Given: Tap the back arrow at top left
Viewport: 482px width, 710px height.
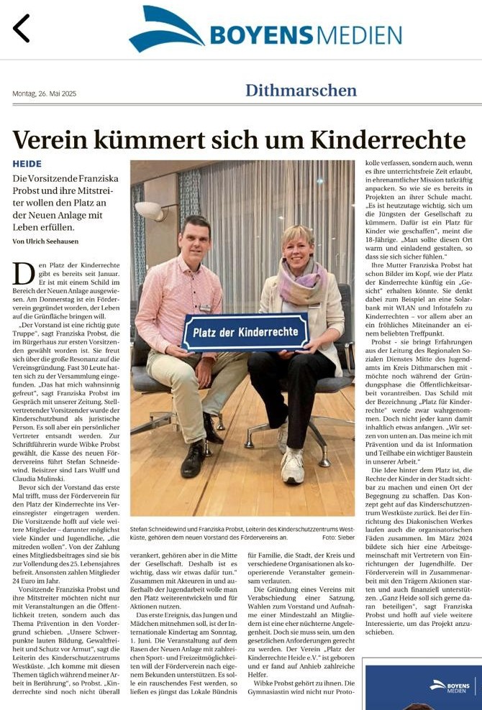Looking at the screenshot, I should (22, 28).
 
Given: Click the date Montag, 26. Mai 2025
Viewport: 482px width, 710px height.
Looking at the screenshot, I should (44, 93).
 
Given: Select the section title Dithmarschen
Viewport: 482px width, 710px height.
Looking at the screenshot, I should (301, 91).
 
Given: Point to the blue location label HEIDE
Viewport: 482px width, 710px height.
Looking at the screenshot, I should (27, 164).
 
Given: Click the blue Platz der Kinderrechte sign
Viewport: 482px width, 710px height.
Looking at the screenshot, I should (244, 332).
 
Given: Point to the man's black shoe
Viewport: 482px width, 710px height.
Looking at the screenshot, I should (194, 459).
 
